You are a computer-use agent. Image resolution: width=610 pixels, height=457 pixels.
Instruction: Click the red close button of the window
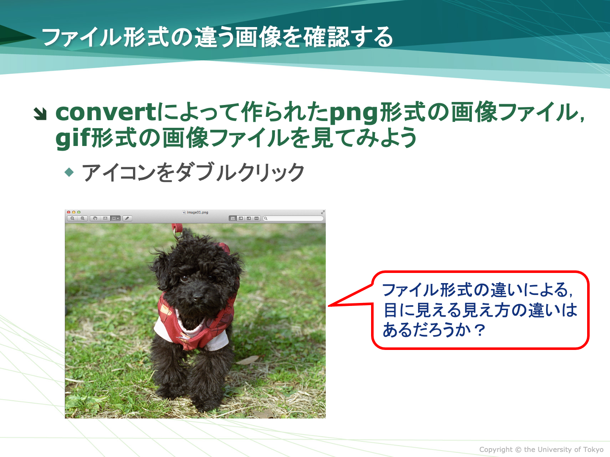tap(69, 212)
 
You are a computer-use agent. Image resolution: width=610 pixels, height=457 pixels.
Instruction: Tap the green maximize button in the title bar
tap(79, 212)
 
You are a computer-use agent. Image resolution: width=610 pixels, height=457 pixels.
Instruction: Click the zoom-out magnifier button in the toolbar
tap(72, 218)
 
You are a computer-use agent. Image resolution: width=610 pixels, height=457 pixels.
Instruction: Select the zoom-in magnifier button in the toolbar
tap(83, 218)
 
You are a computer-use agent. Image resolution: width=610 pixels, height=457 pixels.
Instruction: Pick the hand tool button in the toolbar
tap(95, 218)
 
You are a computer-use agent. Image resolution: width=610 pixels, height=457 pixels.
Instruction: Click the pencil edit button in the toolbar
tap(127, 218)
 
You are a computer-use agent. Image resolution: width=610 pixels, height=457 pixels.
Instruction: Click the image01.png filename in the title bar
tap(197, 212)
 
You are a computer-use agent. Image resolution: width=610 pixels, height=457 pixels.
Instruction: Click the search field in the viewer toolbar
tap(293, 218)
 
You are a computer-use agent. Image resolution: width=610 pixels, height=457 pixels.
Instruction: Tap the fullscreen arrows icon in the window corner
tap(323, 212)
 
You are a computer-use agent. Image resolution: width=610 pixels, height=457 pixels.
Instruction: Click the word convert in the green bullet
tap(106, 113)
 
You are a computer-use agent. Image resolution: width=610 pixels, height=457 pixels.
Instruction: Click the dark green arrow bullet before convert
tap(40, 114)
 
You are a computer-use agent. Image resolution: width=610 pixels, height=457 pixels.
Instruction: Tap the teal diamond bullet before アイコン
tap(69, 172)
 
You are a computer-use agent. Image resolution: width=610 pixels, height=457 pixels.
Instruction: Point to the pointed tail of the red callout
tap(328, 306)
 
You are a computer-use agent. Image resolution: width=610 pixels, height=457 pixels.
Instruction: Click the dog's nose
tap(197, 298)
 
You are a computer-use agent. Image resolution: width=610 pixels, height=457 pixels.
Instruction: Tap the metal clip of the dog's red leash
tap(179, 236)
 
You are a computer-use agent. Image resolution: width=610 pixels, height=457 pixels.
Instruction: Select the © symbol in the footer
tap(518, 449)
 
